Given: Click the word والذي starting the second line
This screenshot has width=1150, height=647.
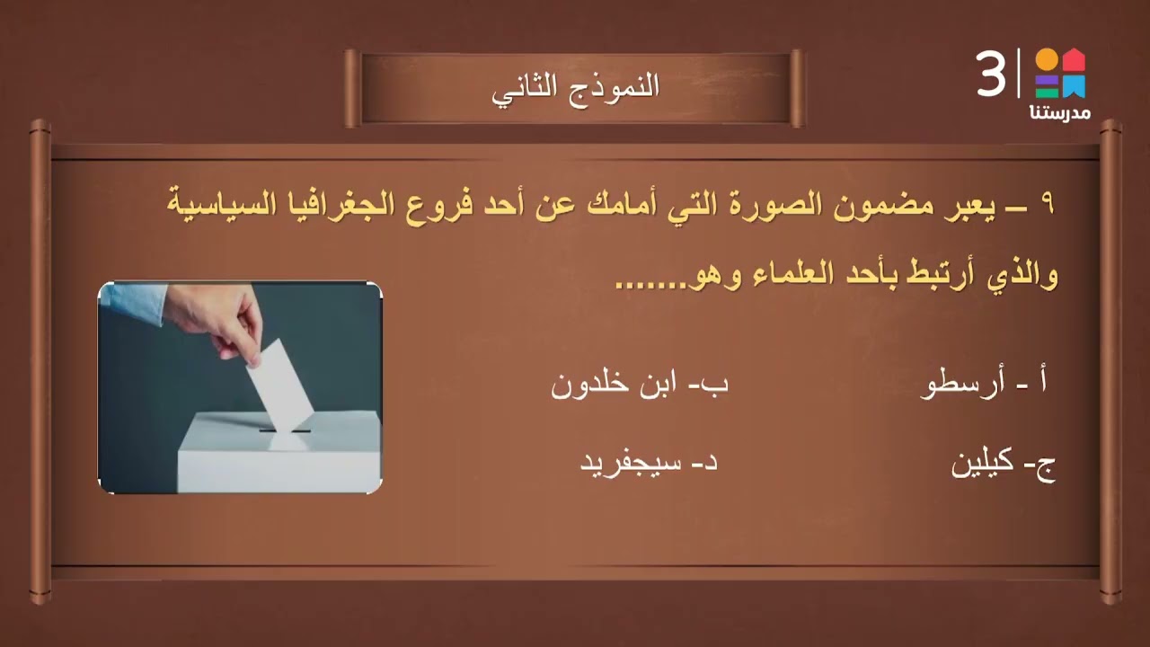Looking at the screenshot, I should click(x=1022, y=274).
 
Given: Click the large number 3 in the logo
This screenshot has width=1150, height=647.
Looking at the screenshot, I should click(x=991, y=75).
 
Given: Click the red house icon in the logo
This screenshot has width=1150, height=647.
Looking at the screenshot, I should click(x=1075, y=61).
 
